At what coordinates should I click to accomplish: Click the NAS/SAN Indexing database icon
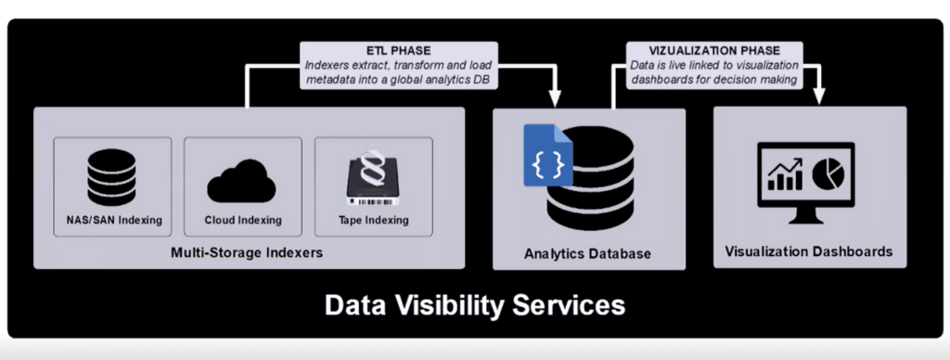[111, 177]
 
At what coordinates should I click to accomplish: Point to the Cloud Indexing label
[242, 221]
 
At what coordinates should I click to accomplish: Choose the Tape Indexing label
[373, 221]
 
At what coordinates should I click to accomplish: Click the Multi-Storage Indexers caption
[247, 252]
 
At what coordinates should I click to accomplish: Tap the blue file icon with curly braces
[547, 154]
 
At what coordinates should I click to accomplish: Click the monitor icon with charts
[805, 182]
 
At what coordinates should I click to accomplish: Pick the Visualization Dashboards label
[808, 251]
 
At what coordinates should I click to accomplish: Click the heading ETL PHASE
[400, 50]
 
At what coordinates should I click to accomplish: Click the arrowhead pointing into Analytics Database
[557, 96]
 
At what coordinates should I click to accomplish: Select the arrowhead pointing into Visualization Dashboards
[820, 96]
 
